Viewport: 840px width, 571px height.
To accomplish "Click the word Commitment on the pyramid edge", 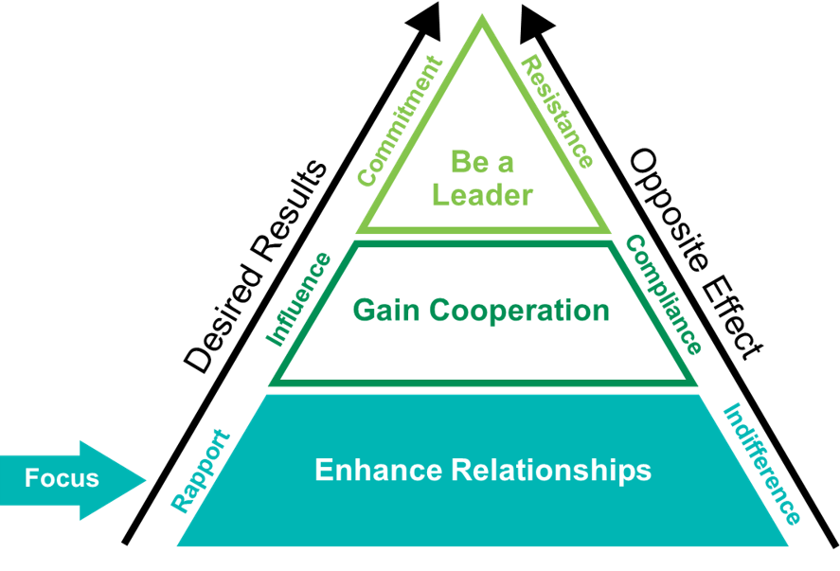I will (x=400, y=120).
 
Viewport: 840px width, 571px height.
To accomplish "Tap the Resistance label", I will (x=559, y=112).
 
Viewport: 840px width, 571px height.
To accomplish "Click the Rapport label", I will (x=200, y=471).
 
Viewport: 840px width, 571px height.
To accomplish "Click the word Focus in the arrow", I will (x=62, y=478).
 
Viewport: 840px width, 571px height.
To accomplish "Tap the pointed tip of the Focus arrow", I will (x=146, y=480).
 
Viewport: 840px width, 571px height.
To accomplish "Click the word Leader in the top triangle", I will (x=482, y=195).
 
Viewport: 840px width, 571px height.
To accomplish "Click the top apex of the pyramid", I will (x=483, y=16).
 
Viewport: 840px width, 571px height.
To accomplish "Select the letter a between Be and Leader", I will (x=506, y=164).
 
